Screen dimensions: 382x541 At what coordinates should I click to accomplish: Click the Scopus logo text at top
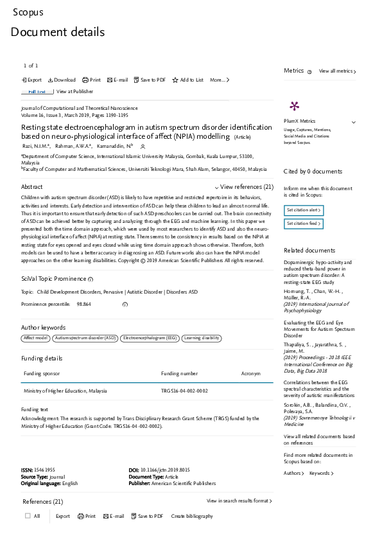[28, 12]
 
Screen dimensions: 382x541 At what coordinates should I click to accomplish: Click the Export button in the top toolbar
[32, 80]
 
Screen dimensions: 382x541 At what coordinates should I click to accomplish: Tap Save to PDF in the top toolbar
[150, 80]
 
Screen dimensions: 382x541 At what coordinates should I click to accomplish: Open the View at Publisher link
[74, 92]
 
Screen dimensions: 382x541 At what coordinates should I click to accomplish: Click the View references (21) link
[246, 187]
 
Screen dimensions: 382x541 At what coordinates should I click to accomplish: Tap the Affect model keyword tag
[36, 338]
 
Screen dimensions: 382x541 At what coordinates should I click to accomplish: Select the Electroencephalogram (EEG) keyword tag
[150, 338]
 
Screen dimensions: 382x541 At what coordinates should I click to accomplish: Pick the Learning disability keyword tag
[202, 338]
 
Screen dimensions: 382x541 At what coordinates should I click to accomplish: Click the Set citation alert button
[304, 210]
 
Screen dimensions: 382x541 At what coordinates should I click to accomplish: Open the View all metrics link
[337, 71]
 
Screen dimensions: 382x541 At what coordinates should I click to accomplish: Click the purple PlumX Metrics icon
[295, 107]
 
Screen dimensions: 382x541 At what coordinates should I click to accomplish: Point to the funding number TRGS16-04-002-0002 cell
[184, 391]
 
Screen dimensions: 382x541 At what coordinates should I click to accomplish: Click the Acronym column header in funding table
[250, 373]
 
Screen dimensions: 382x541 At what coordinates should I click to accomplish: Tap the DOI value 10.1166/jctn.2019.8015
[164, 470]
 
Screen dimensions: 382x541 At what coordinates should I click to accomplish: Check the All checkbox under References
[28, 516]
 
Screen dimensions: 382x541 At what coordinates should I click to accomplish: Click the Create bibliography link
[192, 516]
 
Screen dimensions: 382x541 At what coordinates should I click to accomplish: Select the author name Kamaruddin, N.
[114, 146]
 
